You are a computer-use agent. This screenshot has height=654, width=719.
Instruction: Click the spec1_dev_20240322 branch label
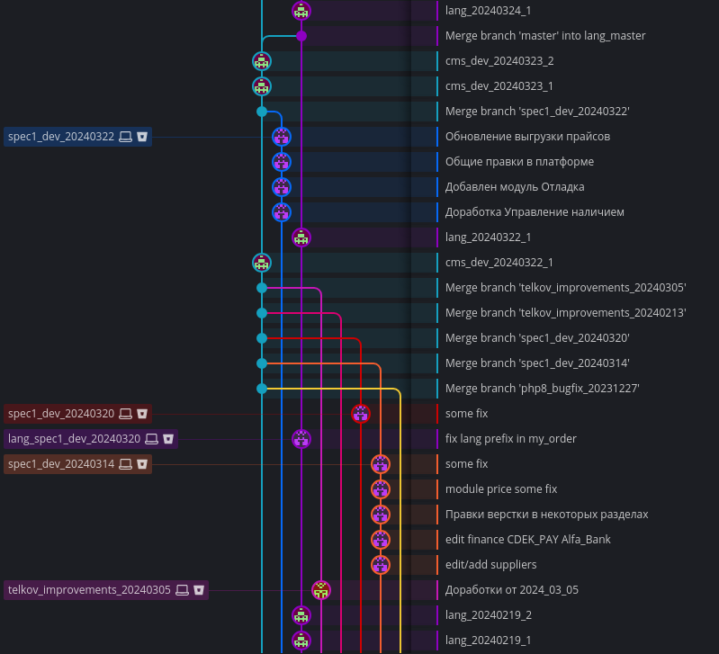pyautogui.click(x=61, y=137)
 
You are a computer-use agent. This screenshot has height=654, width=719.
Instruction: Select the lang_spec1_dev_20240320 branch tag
pyautogui.click(x=74, y=439)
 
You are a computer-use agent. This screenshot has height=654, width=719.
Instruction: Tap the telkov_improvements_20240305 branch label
pyautogui.click(x=89, y=590)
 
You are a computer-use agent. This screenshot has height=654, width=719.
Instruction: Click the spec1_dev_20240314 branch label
pyautogui.click(x=61, y=464)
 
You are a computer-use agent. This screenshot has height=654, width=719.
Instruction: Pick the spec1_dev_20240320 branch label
pyautogui.click(x=61, y=414)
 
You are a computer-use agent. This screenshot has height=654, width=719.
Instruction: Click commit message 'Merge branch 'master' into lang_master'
pyautogui.click(x=545, y=36)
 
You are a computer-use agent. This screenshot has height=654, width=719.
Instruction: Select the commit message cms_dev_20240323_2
pyautogui.click(x=499, y=61)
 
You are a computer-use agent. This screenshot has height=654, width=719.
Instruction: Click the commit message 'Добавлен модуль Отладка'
pyautogui.click(x=515, y=187)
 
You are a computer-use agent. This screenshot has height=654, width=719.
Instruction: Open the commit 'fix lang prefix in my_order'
pyautogui.click(x=510, y=439)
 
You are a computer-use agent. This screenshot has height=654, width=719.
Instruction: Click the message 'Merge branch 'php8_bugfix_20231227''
pyautogui.click(x=542, y=389)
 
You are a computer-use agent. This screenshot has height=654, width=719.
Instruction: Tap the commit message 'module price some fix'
pyautogui.click(x=501, y=489)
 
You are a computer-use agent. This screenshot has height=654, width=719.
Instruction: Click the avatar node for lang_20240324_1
pyautogui.click(x=301, y=11)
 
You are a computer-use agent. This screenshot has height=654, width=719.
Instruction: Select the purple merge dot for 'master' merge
pyautogui.click(x=301, y=36)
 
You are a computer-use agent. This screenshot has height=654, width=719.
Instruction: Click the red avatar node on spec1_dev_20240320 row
pyautogui.click(x=361, y=414)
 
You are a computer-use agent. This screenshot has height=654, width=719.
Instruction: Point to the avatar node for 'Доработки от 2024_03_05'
pyautogui.click(x=321, y=590)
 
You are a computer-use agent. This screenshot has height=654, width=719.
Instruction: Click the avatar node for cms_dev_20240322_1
pyautogui.click(x=262, y=263)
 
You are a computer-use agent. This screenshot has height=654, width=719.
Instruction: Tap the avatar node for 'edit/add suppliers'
pyautogui.click(x=381, y=565)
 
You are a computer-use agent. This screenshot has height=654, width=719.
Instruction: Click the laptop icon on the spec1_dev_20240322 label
pyautogui.click(x=126, y=137)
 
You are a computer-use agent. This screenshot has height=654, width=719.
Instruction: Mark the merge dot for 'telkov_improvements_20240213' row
pyautogui.click(x=262, y=313)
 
